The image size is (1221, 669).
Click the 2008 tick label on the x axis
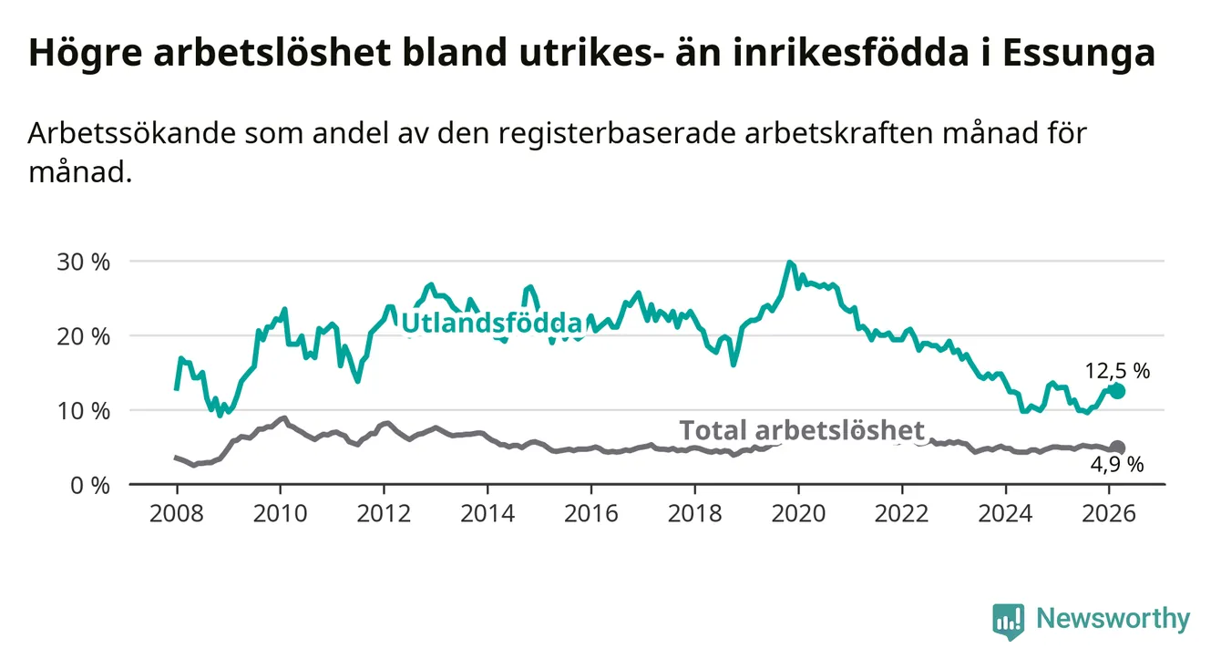tap(176, 512)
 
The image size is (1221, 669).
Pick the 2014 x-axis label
tap(487, 512)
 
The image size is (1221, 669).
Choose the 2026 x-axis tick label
tap(1108, 512)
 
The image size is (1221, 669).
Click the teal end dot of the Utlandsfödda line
tap(1117, 391)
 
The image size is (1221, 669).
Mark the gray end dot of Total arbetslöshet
tap(1117, 448)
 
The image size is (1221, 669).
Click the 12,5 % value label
tap(1117, 370)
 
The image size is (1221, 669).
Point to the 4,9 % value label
tap(1117, 466)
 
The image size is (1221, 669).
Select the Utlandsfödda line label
tap(491, 323)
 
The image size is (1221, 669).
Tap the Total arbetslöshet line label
tap(802, 430)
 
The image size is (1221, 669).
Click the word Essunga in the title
tap(1078, 53)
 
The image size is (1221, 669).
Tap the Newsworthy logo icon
tap(1008, 621)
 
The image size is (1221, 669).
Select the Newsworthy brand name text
tap(1113, 620)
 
